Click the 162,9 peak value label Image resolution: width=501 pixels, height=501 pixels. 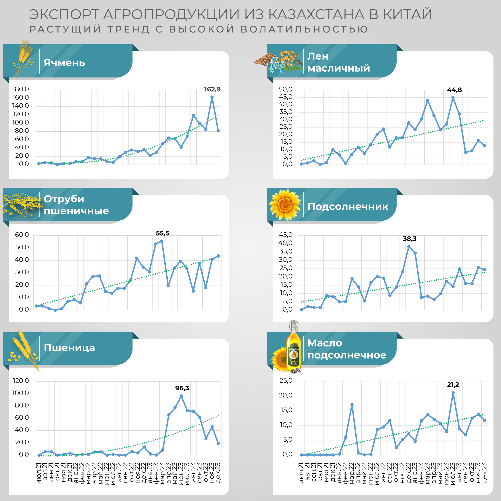212,89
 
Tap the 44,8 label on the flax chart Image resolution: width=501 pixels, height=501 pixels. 454,90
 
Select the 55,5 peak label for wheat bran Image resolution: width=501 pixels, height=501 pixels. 162,233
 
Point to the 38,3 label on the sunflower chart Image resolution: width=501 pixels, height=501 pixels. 409,238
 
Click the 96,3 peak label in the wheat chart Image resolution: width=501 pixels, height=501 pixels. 182,388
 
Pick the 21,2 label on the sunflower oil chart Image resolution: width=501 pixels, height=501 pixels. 453,385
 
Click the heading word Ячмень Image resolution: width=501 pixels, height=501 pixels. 64,63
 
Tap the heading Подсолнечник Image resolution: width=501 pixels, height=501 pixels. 348,206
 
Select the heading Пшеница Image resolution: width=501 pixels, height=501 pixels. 69,348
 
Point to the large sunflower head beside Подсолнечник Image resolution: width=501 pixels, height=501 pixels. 285,205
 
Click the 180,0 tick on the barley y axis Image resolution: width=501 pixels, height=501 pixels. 20,89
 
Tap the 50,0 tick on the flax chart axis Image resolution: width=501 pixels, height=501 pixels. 285,90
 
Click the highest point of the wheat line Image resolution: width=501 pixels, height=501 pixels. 181,396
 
